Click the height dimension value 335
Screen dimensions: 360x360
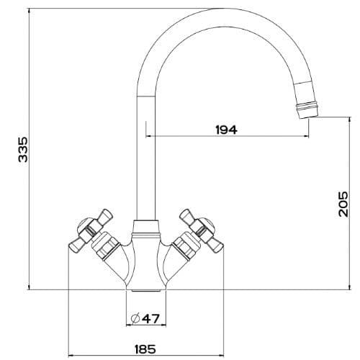pyautogui.click(x=22, y=149)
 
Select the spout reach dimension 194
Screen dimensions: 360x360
pyautogui.click(x=226, y=130)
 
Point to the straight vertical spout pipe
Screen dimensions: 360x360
pyautogui.click(x=146, y=158)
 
